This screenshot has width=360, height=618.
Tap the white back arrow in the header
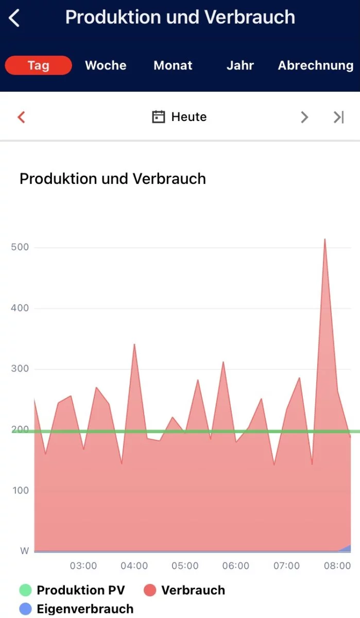(14, 18)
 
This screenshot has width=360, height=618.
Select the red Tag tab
(39, 65)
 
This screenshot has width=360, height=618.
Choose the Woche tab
(106, 65)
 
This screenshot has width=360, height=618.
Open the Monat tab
(173, 65)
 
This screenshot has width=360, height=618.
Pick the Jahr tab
(240, 65)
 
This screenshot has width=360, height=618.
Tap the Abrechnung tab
(315, 65)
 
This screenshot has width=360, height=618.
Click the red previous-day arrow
(21, 117)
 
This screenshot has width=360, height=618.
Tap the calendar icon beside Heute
(158, 117)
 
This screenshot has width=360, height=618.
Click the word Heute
(189, 117)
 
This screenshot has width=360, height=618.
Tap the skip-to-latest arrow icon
(338, 117)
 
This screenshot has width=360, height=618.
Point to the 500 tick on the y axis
(20, 247)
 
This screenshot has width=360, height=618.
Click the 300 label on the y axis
(20, 369)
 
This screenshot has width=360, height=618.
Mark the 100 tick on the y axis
(20, 490)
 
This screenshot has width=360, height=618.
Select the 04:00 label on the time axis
(134, 565)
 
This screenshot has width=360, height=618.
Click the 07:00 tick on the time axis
(286, 565)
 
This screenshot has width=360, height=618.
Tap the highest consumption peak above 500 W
(324, 239)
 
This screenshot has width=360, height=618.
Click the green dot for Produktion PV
(26, 590)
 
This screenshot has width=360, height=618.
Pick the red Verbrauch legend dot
(150, 590)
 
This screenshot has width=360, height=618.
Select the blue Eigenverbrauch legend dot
(26, 609)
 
